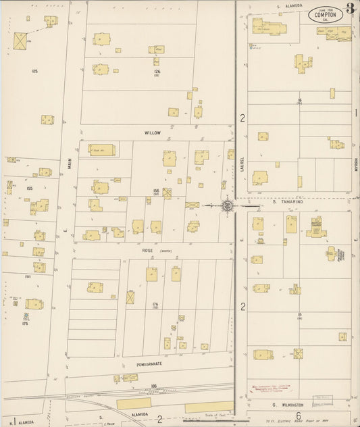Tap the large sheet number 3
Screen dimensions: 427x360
[351, 9]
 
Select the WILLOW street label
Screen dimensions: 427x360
[153, 133]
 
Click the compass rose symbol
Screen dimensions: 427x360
[228, 204]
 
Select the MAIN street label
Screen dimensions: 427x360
[69, 162]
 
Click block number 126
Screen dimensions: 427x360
[157, 71]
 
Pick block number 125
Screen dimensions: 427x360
[34, 70]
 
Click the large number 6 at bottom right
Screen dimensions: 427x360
[297, 416]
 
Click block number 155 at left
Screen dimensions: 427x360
[29, 189]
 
